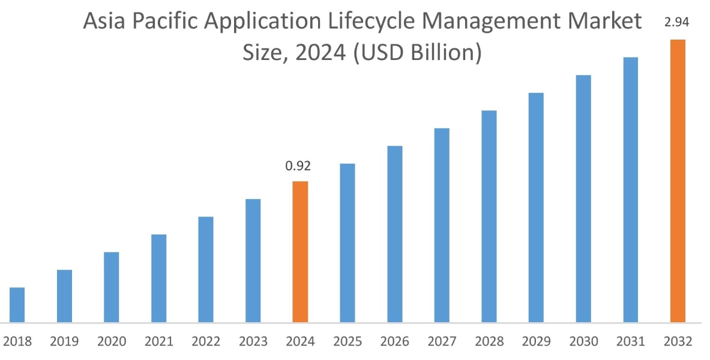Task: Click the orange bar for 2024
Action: [x=300, y=251]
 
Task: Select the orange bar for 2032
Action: [x=678, y=181]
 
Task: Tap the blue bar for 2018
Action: [x=17, y=305]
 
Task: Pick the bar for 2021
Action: [x=159, y=278]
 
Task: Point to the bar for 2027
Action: [x=442, y=225]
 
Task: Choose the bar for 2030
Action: [x=583, y=199]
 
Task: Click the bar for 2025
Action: [x=347, y=242]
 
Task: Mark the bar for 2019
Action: [x=64, y=296]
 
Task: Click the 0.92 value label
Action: [x=298, y=166]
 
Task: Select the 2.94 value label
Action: [x=676, y=23]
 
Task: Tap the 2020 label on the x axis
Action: [x=112, y=342]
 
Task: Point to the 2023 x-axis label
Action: [x=253, y=342]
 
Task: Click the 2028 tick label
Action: [x=489, y=342]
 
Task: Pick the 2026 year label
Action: [x=395, y=342]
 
